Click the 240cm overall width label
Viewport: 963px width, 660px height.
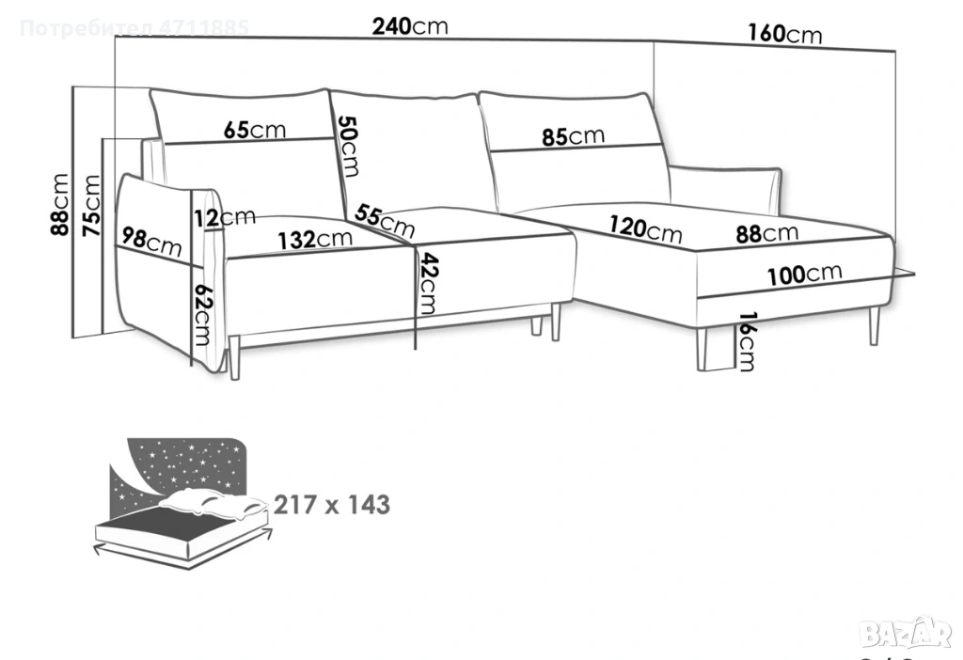pos(410,26)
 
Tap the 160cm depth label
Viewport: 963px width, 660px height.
pos(784,35)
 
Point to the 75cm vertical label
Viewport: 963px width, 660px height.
pos(91,205)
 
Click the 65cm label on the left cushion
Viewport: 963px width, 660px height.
pos(255,131)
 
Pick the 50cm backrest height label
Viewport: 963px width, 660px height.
pos(348,146)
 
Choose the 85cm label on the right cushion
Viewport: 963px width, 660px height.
pos(573,136)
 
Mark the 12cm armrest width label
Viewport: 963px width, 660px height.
pos(224,218)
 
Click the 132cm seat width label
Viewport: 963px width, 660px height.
pos(315,240)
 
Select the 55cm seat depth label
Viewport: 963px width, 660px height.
pos(385,222)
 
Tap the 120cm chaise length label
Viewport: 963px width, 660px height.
pos(644,228)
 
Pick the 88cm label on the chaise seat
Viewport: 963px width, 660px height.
pos(766,232)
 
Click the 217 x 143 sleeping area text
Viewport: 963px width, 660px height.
pos(332,505)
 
